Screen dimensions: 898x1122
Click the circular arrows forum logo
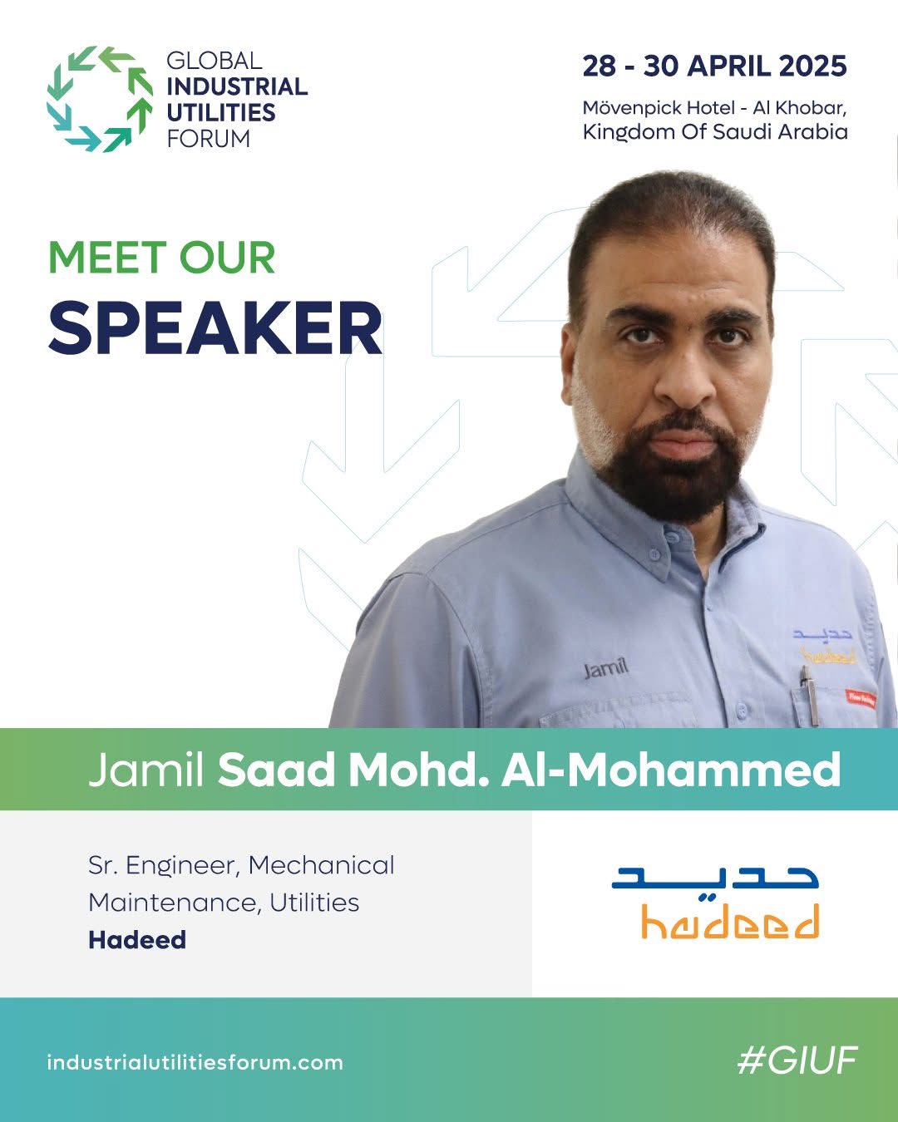tap(100, 99)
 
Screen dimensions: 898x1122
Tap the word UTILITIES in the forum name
tap(220, 113)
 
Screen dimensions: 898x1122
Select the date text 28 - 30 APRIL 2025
tap(714, 66)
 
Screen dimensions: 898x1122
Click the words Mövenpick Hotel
tap(655, 108)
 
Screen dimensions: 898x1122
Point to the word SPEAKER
tap(215, 328)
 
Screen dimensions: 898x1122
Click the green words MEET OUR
tap(161, 258)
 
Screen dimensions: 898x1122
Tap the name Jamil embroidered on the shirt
tap(605, 668)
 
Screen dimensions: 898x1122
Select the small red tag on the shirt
tap(861, 698)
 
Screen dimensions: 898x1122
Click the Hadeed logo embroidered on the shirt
tap(824, 646)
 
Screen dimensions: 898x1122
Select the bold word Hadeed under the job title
tap(137, 940)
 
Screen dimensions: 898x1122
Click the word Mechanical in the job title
tap(321, 865)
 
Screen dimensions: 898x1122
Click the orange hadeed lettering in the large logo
tap(730, 921)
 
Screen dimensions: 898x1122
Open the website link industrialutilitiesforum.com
tap(195, 1062)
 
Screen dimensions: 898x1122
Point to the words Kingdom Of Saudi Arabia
tap(715, 132)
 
